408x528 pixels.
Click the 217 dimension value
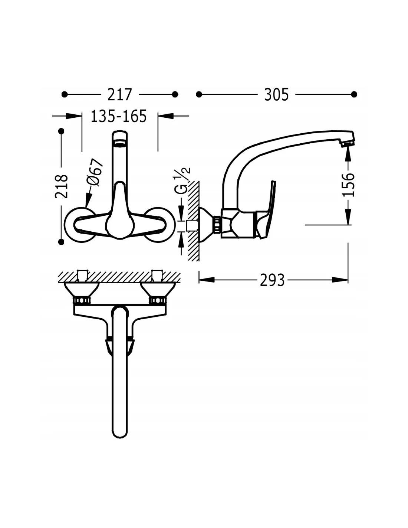120,94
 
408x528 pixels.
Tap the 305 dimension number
276,94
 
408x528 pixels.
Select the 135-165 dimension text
119,116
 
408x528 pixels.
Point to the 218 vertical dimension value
62,186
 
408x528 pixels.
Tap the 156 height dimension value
348,185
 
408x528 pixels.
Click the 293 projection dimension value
272,280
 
